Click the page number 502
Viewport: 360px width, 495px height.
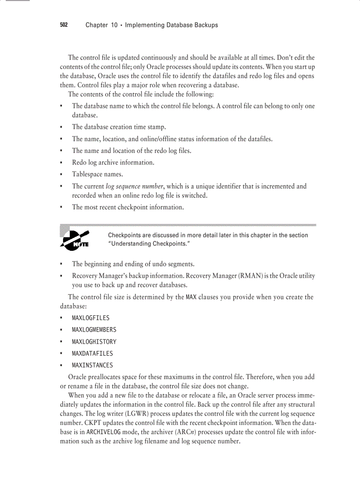[x=64, y=25]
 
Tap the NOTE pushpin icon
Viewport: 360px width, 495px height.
[x=75, y=240]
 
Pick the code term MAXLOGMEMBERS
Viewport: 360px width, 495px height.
[x=94, y=330]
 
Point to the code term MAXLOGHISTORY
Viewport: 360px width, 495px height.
[x=94, y=342]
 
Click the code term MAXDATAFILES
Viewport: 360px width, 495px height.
[x=92, y=354]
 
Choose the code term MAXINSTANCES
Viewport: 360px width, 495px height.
[x=92, y=365]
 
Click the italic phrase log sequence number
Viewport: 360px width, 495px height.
[x=134, y=186]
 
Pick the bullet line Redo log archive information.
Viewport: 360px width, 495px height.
[x=113, y=163]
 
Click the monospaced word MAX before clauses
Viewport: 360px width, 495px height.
[x=191, y=297]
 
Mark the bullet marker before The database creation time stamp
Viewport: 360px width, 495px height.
[x=61, y=127]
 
